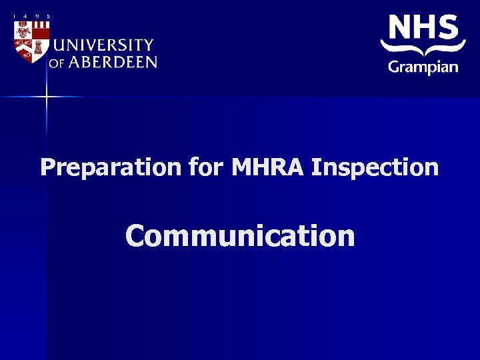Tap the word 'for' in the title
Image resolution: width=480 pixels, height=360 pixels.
coord(207,167)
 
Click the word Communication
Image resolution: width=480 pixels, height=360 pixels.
coord(240,235)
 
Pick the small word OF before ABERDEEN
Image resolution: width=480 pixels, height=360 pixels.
coord(56,63)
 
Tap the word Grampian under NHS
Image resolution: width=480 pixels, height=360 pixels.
coord(423,66)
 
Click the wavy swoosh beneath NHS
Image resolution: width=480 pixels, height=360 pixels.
coord(423,49)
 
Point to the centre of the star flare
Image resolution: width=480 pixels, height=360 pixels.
coord(47,97)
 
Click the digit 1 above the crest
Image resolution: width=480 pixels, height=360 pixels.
coord(14,17)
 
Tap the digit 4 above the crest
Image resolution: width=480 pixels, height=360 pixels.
coord(25,17)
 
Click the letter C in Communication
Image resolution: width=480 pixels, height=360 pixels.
coord(136,236)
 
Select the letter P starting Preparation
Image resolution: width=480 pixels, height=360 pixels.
coord(47,167)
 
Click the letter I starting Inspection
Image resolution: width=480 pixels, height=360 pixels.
coord(316,167)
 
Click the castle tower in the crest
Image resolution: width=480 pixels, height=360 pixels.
coord(38,47)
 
